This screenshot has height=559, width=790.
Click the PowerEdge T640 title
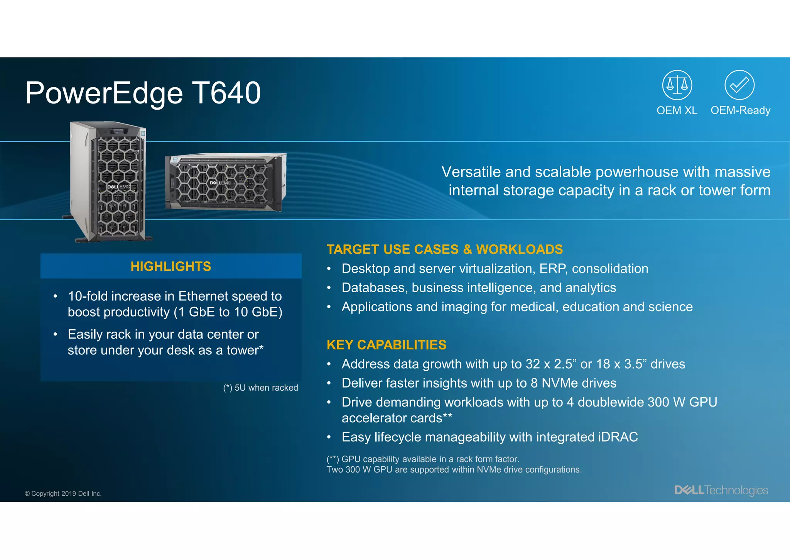point(143,93)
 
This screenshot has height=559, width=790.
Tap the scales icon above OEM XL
point(677,85)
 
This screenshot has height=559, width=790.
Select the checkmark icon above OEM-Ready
point(739,85)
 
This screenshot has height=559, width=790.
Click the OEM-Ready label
point(740,110)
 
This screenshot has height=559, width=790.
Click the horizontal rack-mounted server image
point(226,182)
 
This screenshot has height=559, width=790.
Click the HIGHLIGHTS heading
point(170,266)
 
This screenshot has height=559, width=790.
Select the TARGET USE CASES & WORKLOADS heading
point(444,249)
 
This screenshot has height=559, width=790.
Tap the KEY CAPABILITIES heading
point(386,345)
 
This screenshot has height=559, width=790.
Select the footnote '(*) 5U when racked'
point(260,388)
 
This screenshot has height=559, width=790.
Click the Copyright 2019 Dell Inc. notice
point(63,493)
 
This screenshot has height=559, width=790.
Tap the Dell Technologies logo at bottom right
point(721,490)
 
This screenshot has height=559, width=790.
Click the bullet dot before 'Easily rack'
point(56,334)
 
